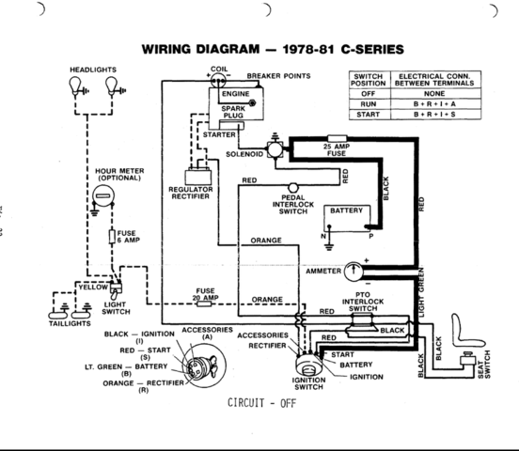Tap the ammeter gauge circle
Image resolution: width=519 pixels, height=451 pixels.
354,269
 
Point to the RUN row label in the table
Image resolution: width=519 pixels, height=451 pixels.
369,104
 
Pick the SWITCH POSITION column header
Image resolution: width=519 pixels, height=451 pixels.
369,79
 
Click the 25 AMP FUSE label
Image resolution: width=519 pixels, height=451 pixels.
337,151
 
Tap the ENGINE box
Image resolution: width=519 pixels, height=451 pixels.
234,95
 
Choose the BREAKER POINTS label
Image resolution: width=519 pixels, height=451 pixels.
278,75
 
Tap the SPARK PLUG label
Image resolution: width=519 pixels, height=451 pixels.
233,113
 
